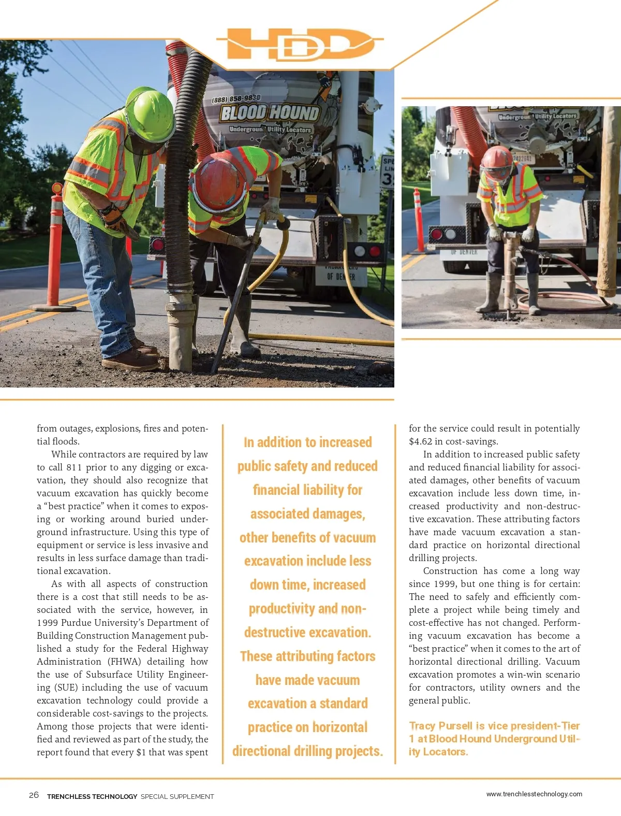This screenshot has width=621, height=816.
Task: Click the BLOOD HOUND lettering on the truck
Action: [270, 112]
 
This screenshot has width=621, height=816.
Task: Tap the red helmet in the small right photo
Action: [497, 160]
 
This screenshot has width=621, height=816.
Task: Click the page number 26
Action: [34, 795]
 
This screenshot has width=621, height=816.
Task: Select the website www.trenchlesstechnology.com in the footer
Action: [534, 794]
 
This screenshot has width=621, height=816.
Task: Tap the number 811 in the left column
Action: [75, 467]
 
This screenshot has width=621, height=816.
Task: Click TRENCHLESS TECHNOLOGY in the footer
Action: [92, 796]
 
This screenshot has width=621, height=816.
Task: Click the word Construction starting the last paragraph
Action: [450, 571]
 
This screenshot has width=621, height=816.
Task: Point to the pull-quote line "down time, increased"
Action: [308, 585]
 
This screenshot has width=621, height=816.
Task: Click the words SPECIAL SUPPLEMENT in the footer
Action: [177, 796]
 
